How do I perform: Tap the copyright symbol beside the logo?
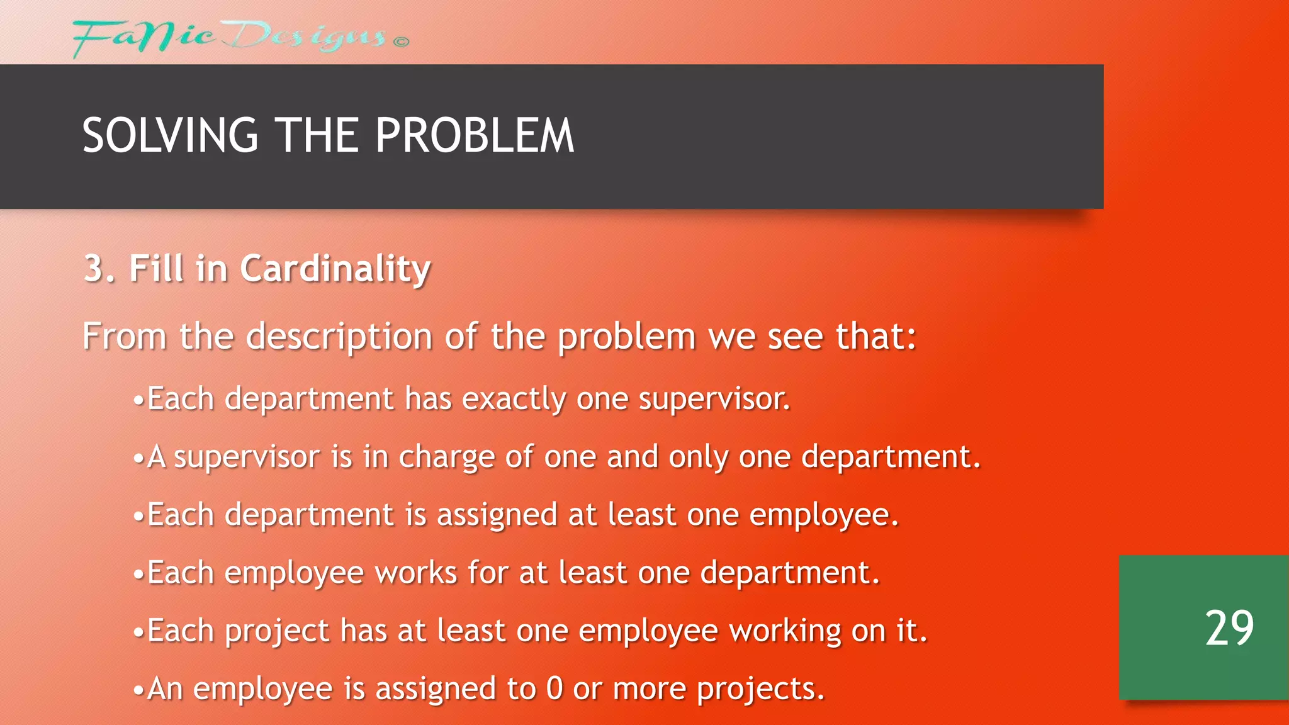pyautogui.click(x=401, y=42)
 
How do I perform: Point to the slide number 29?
pyautogui.click(x=1229, y=628)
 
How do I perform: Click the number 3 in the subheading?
pyautogui.click(x=94, y=269)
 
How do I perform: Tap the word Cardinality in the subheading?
pyautogui.click(x=335, y=270)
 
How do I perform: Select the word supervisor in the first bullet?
pyautogui.click(x=714, y=399)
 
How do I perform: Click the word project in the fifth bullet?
pyautogui.click(x=276, y=631)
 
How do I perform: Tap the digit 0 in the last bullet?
pyautogui.click(x=554, y=688)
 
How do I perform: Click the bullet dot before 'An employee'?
pyautogui.click(x=138, y=690)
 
